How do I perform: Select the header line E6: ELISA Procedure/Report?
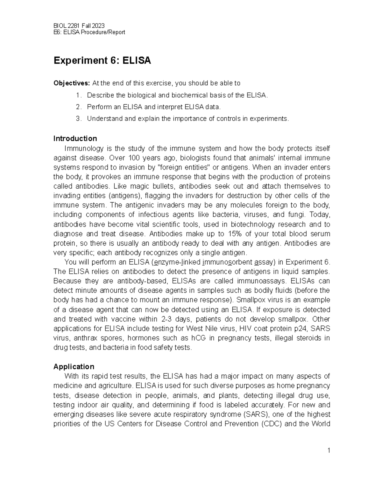coord(89,32)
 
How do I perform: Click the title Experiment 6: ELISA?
coord(102,60)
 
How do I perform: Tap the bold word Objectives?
coord(72,83)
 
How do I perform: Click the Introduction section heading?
coord(75,139)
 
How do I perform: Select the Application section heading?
coord(74,366)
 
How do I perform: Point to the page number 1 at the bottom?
coord(329,450)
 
